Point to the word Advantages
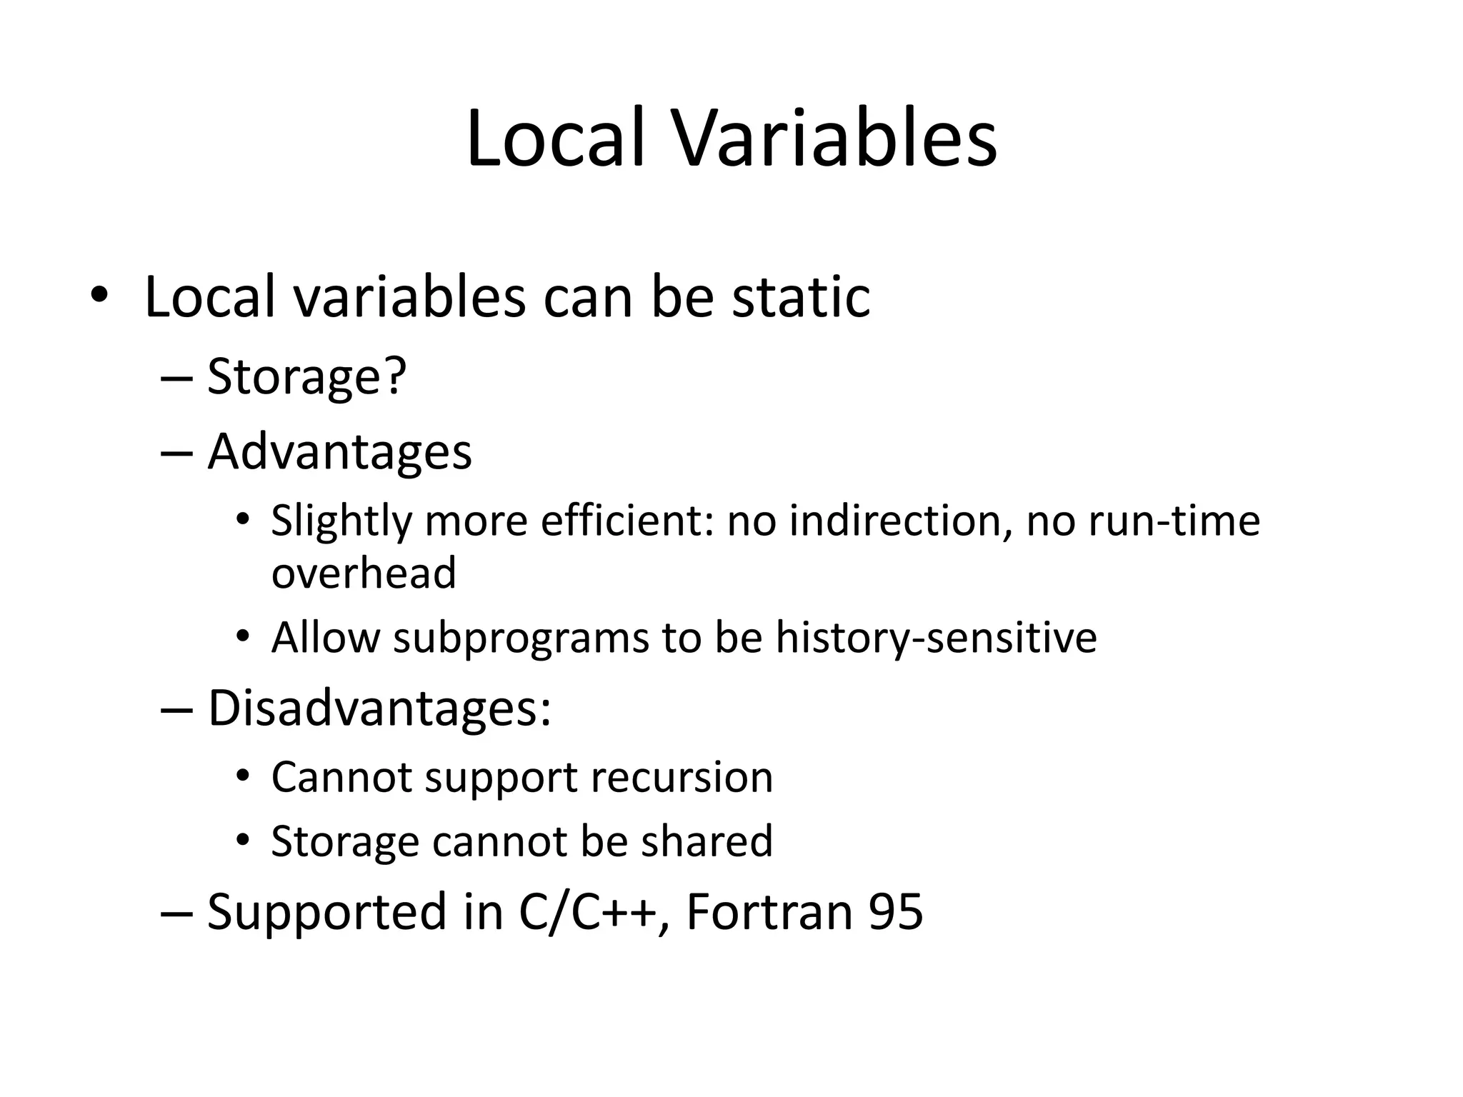tap(339, 451)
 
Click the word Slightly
tap(341, 521)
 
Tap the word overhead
tap(364, 573)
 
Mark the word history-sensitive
tap(936, 637)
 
